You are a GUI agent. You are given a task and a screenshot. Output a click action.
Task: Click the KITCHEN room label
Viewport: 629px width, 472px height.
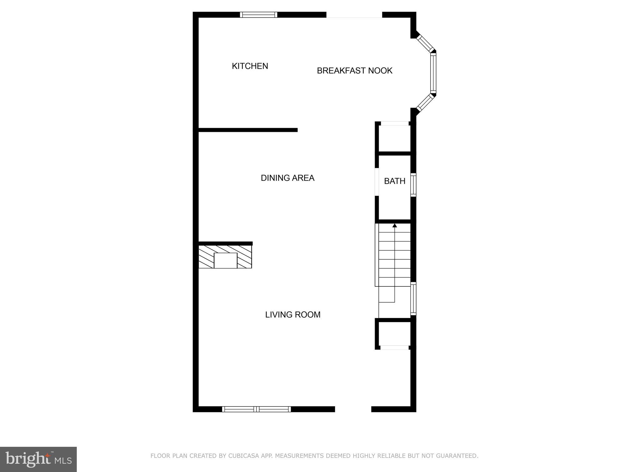250,66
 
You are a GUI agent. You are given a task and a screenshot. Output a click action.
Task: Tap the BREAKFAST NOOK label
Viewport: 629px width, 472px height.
354,71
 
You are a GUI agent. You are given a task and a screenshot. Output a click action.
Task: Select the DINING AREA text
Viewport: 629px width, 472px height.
287,178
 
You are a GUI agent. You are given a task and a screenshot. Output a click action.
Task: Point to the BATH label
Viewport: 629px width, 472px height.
395,181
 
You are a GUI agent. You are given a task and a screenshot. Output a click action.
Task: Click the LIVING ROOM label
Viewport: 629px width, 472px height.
293,315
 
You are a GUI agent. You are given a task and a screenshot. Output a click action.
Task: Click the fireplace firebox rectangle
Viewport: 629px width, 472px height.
225,261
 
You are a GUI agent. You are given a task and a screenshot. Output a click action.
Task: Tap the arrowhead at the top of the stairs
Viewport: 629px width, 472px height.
395,226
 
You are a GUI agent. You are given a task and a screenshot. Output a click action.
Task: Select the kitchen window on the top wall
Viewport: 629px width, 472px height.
258,15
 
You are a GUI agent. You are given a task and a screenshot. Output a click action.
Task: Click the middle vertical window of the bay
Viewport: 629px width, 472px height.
433,73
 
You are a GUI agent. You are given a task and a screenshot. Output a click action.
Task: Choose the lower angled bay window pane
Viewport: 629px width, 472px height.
425,102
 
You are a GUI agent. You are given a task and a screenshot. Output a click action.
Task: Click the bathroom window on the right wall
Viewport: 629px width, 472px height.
413,185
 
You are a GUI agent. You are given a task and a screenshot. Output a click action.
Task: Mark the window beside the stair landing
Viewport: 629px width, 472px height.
413,299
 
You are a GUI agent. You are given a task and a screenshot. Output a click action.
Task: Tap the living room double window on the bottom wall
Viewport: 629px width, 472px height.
256,409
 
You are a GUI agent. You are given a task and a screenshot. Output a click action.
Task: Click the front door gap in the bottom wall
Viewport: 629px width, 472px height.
353,409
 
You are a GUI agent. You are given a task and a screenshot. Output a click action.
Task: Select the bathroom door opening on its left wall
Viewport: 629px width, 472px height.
377,182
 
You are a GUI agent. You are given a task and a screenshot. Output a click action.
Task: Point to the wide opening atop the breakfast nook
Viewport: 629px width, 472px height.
354,15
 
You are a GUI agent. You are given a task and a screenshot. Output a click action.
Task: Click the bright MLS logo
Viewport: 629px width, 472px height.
38,459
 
